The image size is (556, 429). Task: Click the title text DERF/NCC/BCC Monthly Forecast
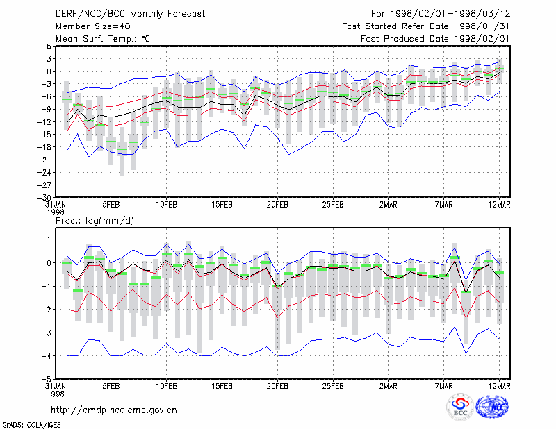point(130,14)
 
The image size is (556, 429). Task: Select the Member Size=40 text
point(93,26)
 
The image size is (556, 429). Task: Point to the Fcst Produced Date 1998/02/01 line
point(435,39)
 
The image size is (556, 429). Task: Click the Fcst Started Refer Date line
point(426,26)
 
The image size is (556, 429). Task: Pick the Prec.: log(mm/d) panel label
point(95,221)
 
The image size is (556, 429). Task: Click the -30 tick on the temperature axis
point(44,198)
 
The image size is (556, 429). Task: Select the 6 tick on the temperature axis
point(49,46)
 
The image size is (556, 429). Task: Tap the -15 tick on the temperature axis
point(44,135)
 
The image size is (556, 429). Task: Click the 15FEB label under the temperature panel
point(222,205)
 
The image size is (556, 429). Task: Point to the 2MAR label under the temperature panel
point(389,205)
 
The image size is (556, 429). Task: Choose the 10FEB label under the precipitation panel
point(167,386)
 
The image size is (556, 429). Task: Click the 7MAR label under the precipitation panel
point(444,386)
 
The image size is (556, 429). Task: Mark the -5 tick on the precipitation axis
point(47,380)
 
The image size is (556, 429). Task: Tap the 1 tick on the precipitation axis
point(49,239)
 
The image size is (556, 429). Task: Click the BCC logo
point(460,407)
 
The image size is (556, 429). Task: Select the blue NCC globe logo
point(492,407)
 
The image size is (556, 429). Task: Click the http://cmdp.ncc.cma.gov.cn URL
point(114,410)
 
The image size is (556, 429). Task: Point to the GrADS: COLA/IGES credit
point(32,425)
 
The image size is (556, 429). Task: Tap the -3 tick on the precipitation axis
point(47,333)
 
